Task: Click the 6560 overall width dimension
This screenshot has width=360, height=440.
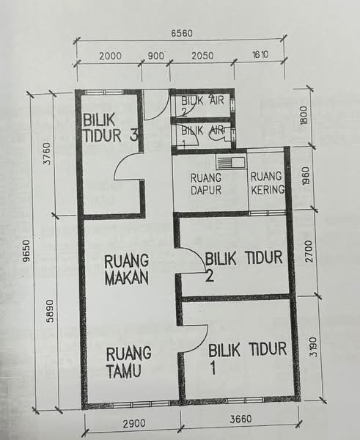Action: coord(182,34)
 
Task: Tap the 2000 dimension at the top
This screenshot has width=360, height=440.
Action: coord(110,56)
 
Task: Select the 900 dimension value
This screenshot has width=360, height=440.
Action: coord(155,56)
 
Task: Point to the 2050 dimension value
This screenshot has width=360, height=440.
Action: coord(202,56)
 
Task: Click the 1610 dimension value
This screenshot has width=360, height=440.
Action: coord(260,54)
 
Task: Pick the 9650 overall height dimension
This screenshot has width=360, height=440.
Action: coord(26,251)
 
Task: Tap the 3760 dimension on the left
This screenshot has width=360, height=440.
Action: coord(48,153)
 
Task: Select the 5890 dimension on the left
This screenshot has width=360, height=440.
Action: coord(50,311)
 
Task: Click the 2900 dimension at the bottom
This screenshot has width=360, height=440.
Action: coord(134,423)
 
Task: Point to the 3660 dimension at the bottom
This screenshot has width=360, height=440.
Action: coord(240,419)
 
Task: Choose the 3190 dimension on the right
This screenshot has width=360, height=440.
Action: coord(314,347)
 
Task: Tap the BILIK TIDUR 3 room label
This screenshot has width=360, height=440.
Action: coord(110,128)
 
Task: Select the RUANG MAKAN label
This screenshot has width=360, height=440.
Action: coord(126,270)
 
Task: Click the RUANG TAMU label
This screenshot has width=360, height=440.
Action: coord(128,362)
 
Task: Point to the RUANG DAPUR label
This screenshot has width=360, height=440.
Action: coord(206,184)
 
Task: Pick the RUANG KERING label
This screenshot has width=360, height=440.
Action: coord(268,183)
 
